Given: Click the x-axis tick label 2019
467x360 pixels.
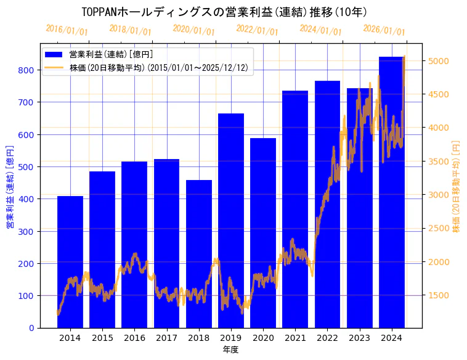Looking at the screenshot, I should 231,338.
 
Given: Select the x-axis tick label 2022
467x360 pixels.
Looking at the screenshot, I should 327,338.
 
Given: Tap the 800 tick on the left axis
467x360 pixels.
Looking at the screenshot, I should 26,70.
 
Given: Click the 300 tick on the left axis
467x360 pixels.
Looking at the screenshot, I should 26,231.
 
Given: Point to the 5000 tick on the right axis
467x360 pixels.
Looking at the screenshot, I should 440,61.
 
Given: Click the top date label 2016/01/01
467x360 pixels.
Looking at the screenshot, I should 67,30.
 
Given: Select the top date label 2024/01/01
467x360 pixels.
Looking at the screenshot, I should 320,30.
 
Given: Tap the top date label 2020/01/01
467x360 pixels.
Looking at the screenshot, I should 193,30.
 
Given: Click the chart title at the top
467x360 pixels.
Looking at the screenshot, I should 224,12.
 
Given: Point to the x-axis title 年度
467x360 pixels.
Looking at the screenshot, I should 231,350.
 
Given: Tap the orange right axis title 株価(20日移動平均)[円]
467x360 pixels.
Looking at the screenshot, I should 457,186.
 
